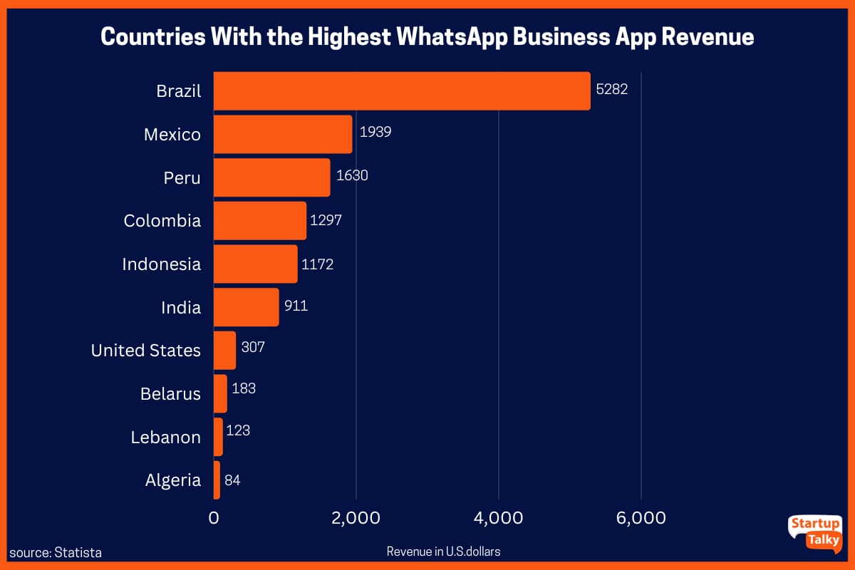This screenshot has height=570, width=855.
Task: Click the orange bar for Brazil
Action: (x=402, y=91)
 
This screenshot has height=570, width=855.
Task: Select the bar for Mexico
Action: (x=283, y=135)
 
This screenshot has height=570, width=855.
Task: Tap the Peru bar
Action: (x=271, y=177)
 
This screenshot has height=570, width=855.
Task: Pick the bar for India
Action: (x=246, y=307)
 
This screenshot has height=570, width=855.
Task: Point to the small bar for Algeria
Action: (x=217, y=480)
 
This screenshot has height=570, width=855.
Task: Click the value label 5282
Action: (x=611, y=91)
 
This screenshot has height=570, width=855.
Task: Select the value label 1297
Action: (x=326, y=221)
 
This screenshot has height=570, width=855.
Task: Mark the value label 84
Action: (x=232, y=480)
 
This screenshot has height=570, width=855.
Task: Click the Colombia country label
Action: (x=162, y=221)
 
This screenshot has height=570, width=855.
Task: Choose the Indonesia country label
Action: (x=161, y=264)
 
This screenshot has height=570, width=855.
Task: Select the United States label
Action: (x=146, y=351)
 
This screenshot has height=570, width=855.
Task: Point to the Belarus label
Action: (x=170, y=394)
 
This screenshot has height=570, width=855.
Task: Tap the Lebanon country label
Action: (x=165, y=437)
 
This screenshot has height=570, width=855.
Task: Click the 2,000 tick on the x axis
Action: (x=356, y=518)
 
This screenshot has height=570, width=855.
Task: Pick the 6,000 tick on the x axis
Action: (x=641, y=518)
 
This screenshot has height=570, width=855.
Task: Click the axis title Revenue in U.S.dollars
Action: (x=443, y=551)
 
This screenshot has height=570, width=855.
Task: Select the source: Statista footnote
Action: (x=56, y=552)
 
